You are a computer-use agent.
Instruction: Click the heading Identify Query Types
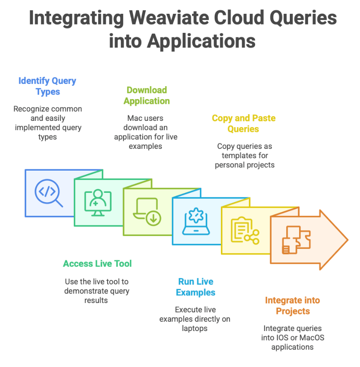pos(47,86)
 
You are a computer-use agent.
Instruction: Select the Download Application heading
pos(147,96)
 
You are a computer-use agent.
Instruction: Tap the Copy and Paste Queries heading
pos(243,124)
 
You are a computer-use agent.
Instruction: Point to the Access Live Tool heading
pos(97,263)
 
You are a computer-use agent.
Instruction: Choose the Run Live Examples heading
pos(196,287)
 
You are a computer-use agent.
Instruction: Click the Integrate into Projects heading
pos(292,306)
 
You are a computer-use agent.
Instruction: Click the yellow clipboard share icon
pos(244,231)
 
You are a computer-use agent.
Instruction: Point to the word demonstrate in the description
pos(83,291)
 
